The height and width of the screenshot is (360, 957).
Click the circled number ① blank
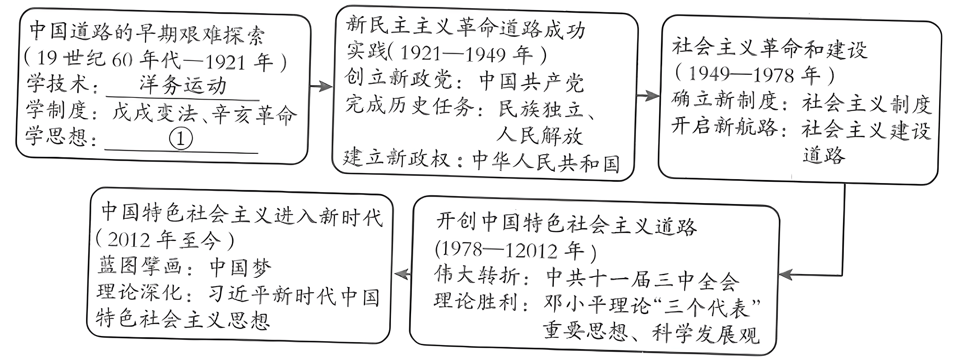click(x=180, y=138)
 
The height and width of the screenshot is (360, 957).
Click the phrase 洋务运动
click(x=183, y=85)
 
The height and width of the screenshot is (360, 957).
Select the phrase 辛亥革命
click(x=255, y=114)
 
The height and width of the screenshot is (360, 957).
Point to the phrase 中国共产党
click(x=531, y=82)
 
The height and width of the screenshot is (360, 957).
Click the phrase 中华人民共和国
click(x=546, y=162)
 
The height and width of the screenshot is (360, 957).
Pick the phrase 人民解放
click(x=540, y=135)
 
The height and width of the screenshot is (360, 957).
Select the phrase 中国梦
click(x=241, y=267)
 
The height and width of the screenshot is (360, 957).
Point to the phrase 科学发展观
click(x=706, y=334)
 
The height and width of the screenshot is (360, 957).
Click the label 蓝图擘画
click(x=139, y=265)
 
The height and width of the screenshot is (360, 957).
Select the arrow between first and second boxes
click(x=321, y=87)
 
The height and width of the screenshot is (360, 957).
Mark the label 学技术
click(x=58, y=83)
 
